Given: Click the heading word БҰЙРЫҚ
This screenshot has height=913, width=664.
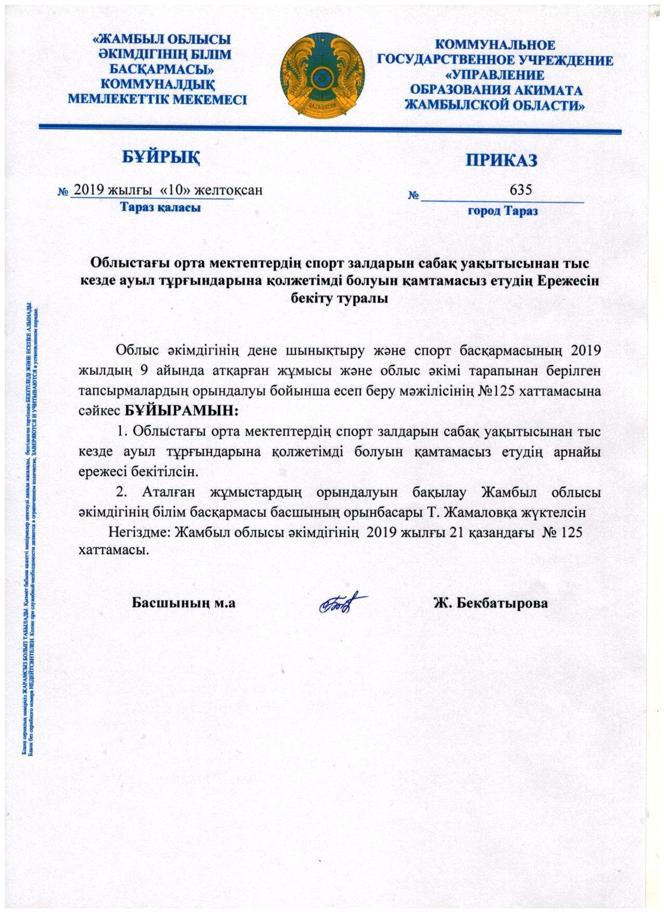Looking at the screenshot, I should (x=161, y=156).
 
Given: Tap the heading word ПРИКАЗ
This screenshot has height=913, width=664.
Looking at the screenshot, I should (x=501, y=160).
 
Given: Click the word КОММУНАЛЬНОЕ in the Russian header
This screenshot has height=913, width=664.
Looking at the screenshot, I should (x=495, y=45).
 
